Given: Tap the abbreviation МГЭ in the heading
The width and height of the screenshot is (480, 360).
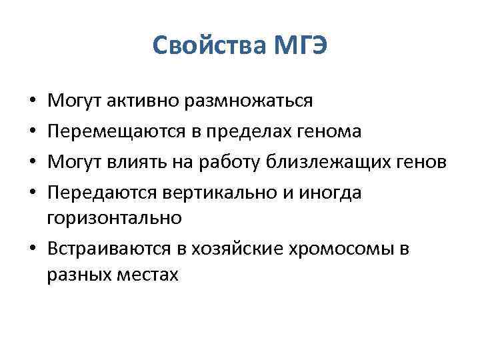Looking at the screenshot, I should click(298, 47).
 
